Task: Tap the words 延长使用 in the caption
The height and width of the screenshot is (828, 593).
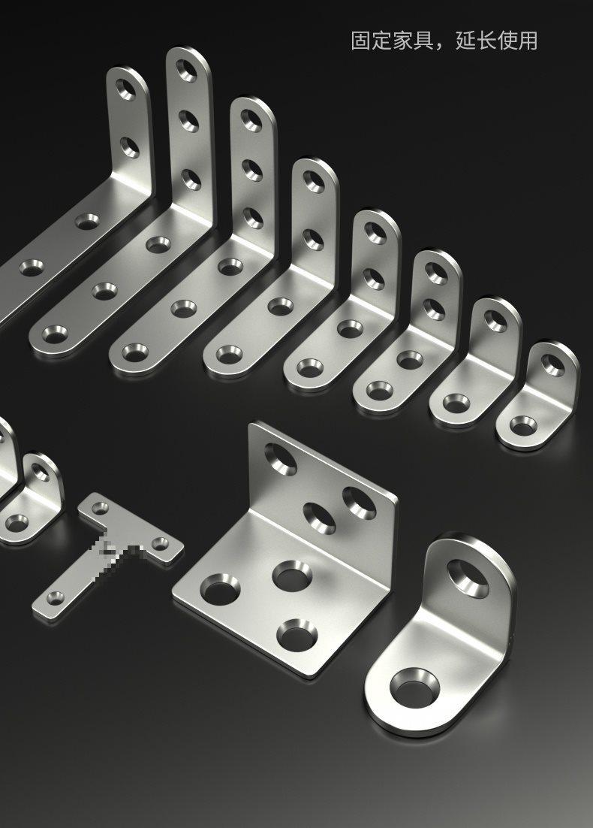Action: click(496, 41)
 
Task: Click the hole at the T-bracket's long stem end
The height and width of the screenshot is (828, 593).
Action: click(56, 598)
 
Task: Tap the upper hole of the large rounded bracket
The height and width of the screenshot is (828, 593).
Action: click(468, 579)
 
